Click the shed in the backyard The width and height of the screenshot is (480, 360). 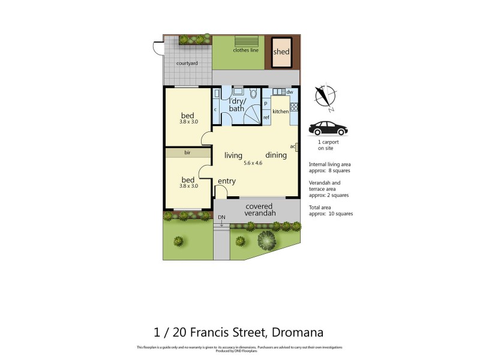(x=281, y=51)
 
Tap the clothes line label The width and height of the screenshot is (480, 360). (x=246, y=50)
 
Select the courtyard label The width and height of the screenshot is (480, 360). (x=187, y=63)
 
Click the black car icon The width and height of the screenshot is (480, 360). (x=328, y=128)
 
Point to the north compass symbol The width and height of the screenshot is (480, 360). (x=326, y=97)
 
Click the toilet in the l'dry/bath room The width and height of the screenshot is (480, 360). (x=253, y=93)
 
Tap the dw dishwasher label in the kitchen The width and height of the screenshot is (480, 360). (x=289, y=92)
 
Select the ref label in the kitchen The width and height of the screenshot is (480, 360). (x=266, y=117)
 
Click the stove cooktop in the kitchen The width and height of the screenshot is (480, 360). (x=294, y=108)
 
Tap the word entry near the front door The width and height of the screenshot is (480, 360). (x=226, y=181)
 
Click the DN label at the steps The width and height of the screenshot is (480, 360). (x=221, y=217)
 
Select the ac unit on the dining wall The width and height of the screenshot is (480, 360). (x=296, y=146)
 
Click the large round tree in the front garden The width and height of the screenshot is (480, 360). (x=266, y=241)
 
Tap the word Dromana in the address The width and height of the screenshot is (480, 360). (x=298, y=331)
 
